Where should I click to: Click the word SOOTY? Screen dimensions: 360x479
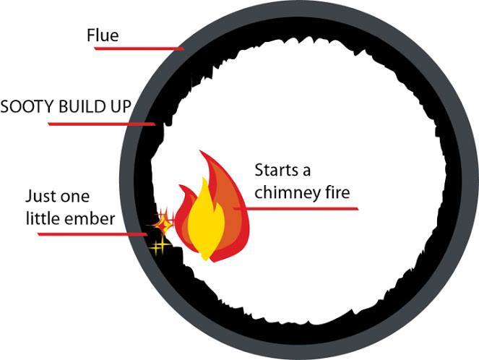(22, 107)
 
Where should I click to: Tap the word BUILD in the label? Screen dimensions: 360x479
(76, 107)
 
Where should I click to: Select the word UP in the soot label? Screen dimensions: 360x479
(119, 107)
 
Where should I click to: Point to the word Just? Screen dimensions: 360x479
(40, 197)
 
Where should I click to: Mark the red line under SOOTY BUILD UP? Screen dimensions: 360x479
(101, 124)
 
